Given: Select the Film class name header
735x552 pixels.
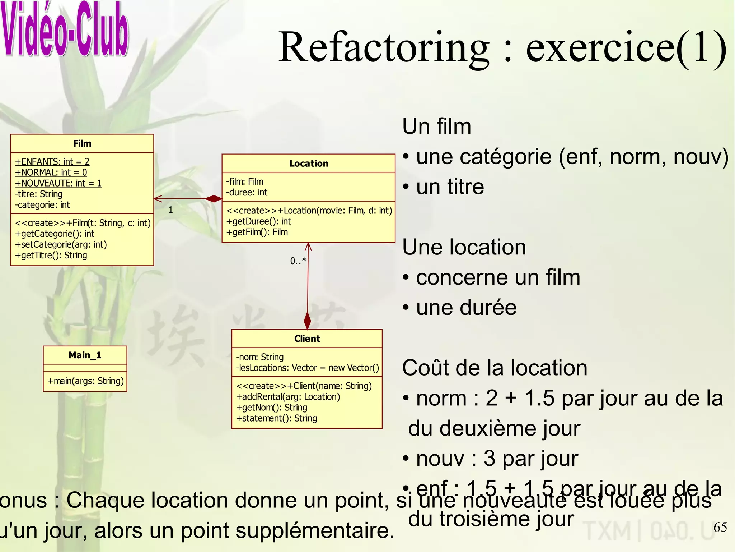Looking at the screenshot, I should pyautogui.click(x=82, y=143).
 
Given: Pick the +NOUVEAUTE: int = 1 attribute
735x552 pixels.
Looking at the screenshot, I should pyautogui.click(x=58, y=183).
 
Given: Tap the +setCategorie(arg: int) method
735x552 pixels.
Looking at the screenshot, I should pyautogui.click(x=61, y=245).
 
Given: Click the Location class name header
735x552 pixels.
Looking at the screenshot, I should pyautogui.click(x=309, y=164).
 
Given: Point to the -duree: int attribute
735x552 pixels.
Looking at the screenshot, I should pyautogui.click(x=247, y=193).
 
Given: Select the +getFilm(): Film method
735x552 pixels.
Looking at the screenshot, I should pyautogui.click(x=257, y=232).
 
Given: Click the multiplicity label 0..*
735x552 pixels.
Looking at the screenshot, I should pyautogui.click(x=298, y=261).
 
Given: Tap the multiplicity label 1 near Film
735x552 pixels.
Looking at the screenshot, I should pyautogui.click(x=171, y=210).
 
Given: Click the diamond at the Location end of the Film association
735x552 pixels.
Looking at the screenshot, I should pyautogui.click(x=214, y=199).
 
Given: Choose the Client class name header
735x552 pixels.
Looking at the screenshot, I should pyautogui.click(x=307, y=339).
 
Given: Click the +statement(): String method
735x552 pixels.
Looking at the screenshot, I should pyautogui.click(x=276, y=418).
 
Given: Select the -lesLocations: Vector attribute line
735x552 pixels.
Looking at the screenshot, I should pyautogui.click(x=307, y=368).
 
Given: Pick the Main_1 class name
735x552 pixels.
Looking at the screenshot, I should pyautogui.click(x=85, y=355).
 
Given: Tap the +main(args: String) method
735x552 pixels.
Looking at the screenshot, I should pyautogui.click(x=85, y=381).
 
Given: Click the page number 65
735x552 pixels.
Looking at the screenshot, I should pyautogui.click(x=720, y=527).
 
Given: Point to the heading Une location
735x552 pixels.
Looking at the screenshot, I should pyautogui.click(x=464, y=247).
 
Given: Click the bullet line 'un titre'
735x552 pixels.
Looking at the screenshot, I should pyautogui.click(x=450, y=187).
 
